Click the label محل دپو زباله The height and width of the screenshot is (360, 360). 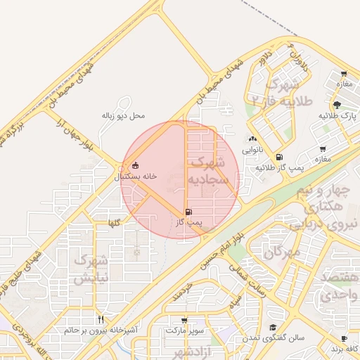(123, 115)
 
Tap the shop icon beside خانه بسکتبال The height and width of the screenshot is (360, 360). (136, 166)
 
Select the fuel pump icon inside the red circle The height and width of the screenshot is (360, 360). (188, 212)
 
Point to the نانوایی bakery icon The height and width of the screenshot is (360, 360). (252, 139)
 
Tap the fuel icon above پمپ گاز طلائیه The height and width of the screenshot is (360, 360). (280, 157)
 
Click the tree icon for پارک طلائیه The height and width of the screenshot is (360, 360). (337, 104)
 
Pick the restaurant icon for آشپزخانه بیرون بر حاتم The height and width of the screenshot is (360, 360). (101, 319)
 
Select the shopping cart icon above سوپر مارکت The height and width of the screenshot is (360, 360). (184, 319)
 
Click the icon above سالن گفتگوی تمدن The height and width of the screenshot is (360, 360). (273, 328)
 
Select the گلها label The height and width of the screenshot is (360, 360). (113, 223)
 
